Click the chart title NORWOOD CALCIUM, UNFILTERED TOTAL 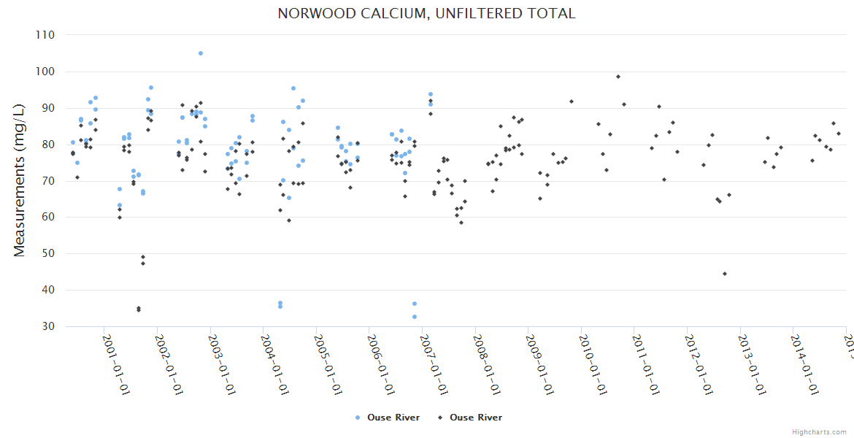[426, 13]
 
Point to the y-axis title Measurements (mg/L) [20, 180]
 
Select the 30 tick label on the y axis [49, 326]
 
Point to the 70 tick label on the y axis [49, 181]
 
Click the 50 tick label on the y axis [49, 254]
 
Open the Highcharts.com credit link [819, 432]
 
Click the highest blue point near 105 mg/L [201, 53]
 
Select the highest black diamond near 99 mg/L [618, 77]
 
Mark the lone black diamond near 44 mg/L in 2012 [725, 274]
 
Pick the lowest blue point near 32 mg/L [415, 317]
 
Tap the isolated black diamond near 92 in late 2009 [572, 101]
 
